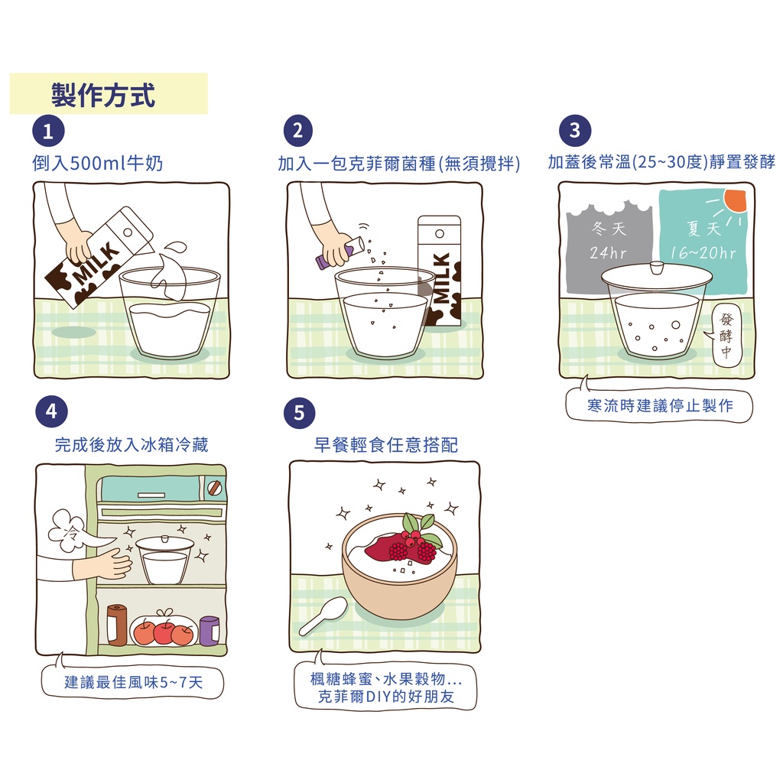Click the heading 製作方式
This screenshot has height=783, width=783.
tap(103, 95)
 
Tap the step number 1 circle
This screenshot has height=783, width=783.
tap(47, 132)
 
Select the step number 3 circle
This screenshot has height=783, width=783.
tap(575, 131)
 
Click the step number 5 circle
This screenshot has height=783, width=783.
tap(299, 414)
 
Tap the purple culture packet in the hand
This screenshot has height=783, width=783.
tap(321, 262)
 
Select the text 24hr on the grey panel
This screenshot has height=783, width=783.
tap(609, 253)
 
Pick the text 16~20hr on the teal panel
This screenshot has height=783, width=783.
tap(703, 253)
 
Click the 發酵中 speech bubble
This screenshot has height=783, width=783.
tap(726, 336)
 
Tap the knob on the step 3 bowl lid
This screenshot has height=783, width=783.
tap(655, 267)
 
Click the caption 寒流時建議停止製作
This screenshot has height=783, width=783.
tap(659, 406)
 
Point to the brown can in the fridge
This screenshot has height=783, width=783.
tap(117, 625)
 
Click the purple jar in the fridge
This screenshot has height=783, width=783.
tap(210, 630)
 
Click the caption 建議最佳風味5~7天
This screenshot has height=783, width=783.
tap(133, 682)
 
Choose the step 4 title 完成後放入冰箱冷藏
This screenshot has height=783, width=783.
tap(132, 445)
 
